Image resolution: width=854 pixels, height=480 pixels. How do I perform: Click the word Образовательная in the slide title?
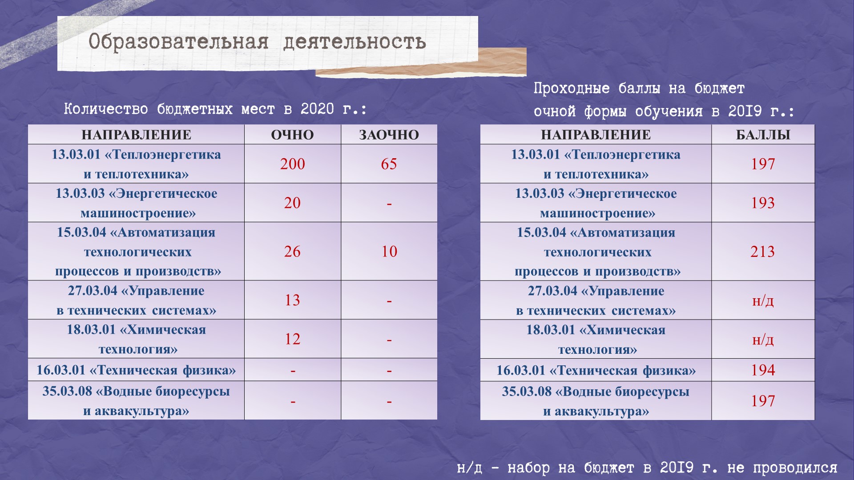pos(178,42)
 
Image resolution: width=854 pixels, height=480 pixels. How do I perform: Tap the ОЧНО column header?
pos(292,135)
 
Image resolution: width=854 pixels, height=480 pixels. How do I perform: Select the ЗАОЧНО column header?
pos(389,135)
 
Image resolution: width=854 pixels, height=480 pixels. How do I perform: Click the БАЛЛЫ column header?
pos(763,135)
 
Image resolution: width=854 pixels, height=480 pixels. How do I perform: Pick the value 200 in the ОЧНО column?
pos(292,164)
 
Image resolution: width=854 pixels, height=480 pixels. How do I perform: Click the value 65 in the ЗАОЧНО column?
pos(389,164)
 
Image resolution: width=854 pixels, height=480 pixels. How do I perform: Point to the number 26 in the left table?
pos(292,252)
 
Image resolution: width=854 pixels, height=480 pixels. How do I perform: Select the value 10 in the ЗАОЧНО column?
pos(389,252)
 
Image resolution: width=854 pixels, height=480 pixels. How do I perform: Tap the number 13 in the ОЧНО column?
pos(292,300)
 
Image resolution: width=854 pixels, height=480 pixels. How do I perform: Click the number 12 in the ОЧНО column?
pos(292,339)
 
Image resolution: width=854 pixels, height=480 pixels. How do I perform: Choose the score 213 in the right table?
pos(762,252)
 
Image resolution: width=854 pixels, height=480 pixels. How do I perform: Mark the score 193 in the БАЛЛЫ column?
pos(763,203)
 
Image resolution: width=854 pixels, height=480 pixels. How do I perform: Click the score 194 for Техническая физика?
pos(763,370)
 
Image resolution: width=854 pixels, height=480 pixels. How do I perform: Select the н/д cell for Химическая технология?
pos(763,340)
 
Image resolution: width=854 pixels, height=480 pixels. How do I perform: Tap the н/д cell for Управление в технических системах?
pos(763,301)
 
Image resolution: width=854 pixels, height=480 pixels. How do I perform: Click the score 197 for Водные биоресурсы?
pos(763,401)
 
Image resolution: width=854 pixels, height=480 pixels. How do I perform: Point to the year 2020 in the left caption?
pos(317,109)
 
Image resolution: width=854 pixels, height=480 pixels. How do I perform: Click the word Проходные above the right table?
pos(572,88)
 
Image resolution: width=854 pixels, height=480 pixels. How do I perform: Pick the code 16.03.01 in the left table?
pos(60,370)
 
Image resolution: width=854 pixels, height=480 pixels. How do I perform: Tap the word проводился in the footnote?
pos(795,468)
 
